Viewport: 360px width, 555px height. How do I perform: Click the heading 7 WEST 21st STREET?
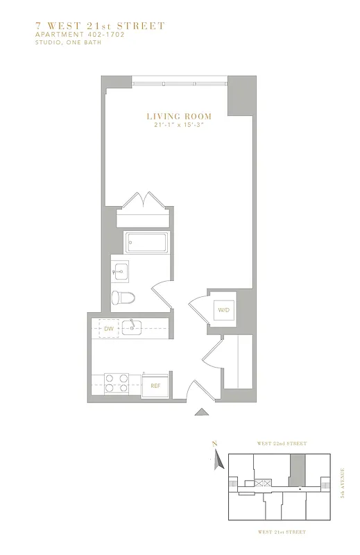[x=100, y=26]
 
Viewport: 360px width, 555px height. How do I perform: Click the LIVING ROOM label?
[x=178, y=116]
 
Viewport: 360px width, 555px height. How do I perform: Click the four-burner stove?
[x=117, y=384]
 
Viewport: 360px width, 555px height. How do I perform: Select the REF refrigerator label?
[x=155, y=386]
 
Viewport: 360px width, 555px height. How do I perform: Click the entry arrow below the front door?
[x=201, y=413]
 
